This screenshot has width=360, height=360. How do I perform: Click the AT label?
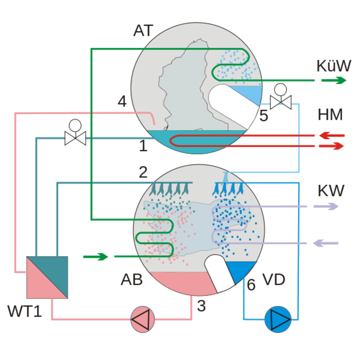point(143,31)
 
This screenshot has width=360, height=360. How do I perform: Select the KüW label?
point(334,66)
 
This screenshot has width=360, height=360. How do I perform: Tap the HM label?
point(330,115)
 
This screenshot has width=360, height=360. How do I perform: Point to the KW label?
point(331,191)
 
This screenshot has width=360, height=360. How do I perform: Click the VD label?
point(274,280)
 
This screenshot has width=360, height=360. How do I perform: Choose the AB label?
point(132,280)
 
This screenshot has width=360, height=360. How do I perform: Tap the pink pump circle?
point(143,319)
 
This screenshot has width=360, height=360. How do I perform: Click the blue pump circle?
point(278,319)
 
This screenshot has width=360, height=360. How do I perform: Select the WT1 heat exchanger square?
point(47,277)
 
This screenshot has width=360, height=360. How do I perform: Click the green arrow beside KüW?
point(334,80)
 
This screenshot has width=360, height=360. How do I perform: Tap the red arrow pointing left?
point(332,136)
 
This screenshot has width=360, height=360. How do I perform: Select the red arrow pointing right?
point(331,146)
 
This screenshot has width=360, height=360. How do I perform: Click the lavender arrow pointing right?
point(326,206)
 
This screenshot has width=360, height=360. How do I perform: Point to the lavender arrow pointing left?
point(326,243)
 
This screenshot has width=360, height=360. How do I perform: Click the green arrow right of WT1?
point(95,257)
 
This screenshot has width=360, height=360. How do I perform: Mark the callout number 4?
point(122,102)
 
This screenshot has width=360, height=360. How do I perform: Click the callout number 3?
point(201,306)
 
